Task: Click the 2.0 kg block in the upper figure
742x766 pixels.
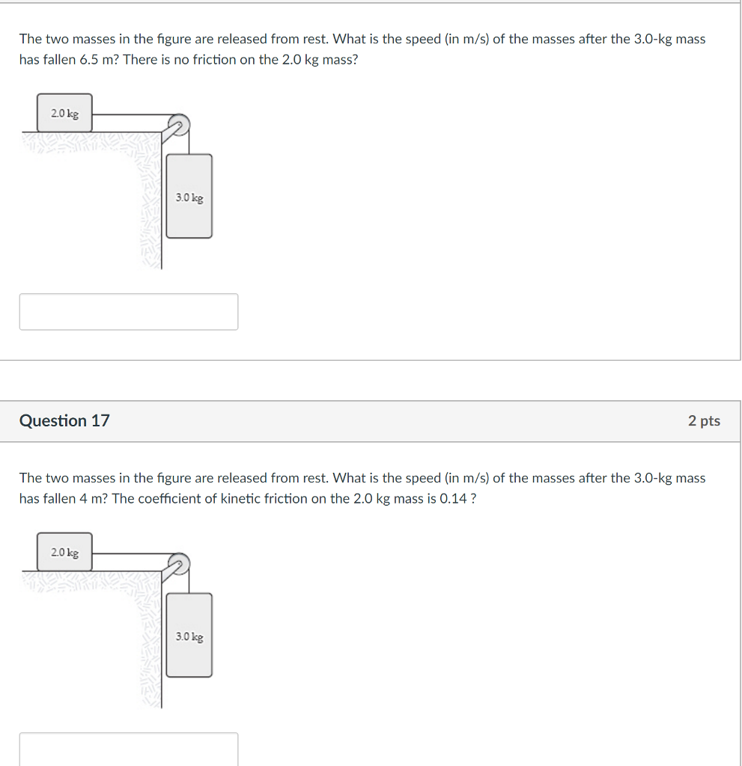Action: [64, 113]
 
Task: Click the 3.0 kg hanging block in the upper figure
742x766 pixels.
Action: [189, 196]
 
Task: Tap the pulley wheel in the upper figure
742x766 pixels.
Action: [179, 125]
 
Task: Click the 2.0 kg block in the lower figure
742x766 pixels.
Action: [64, 552]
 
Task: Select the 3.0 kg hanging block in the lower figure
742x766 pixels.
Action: [189, 635]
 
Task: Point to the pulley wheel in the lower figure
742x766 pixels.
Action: [179, 564]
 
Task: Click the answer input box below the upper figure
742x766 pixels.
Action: [129, 312]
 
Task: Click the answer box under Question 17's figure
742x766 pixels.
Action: [129, 749]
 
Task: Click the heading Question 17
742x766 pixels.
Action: [64, 420]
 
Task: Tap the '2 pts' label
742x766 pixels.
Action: [704, 421]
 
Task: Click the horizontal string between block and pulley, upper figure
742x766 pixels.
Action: [131, 114]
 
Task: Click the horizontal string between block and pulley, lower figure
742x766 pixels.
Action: [131, 554]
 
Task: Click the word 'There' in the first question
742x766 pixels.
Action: [139, 60]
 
